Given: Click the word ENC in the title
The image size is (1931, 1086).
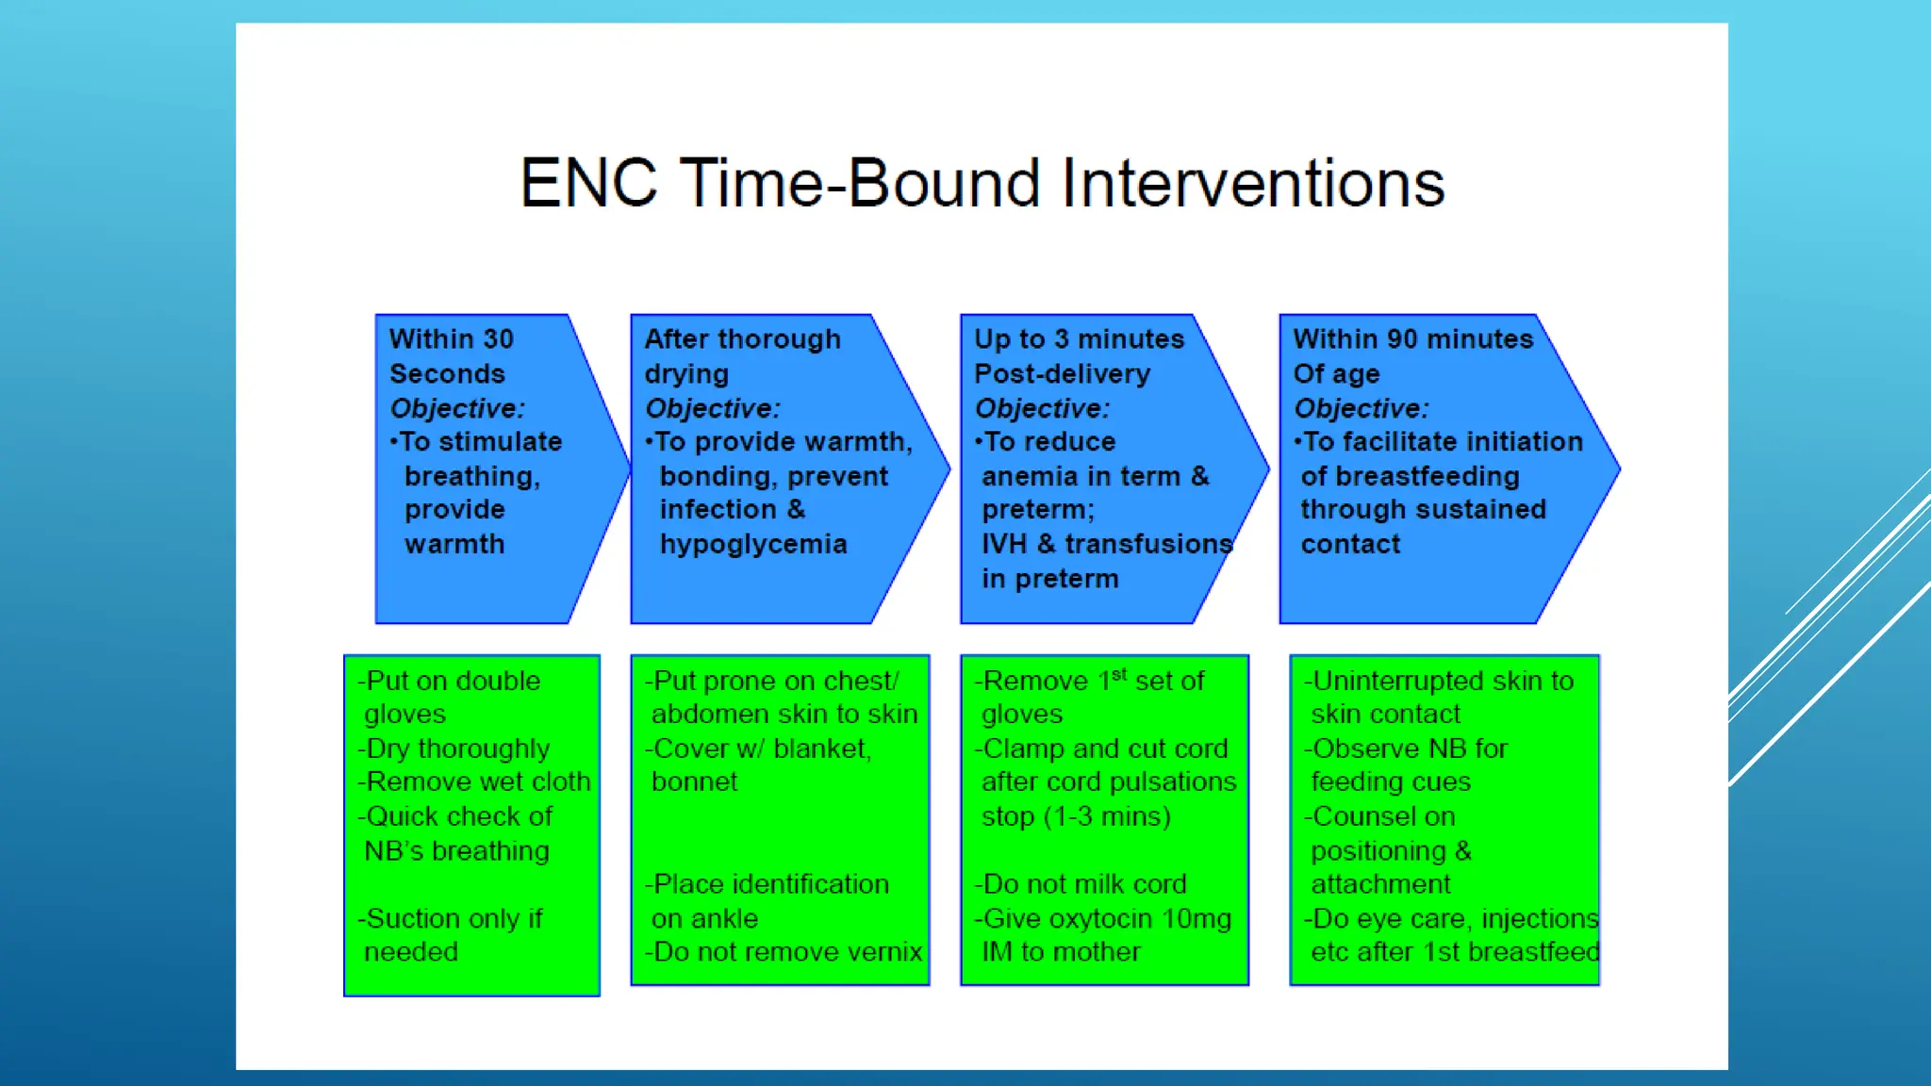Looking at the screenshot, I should (x=588, y=183).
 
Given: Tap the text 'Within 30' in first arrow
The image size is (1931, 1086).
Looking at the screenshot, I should (x=452, y=339).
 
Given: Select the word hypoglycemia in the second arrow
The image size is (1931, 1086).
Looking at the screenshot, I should (x=753, y=545).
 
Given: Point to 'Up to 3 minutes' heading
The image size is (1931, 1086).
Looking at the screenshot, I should (x=1079, y=339).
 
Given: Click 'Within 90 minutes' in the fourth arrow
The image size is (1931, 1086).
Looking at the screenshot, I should (x=1412, y=339).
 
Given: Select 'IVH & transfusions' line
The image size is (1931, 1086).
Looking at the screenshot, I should (x=1107, y=545).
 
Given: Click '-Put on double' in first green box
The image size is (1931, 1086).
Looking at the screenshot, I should (x=450, y=681).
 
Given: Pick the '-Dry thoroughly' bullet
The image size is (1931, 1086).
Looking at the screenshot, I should (x=454, y=749).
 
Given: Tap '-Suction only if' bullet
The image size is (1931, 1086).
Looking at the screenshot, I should (x=450, y=918).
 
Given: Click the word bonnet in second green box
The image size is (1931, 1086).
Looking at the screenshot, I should (x=694, y=782).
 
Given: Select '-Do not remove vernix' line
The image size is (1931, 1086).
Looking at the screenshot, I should (x=784, y=952).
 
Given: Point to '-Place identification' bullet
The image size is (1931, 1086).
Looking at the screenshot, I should (x=767, y=884).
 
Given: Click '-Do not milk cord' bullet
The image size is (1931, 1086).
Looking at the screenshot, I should (x=1081, y=884).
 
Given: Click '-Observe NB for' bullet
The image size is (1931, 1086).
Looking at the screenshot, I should (x=1406, y=749).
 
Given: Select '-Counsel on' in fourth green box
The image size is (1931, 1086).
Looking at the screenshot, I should (x=1379, y=816).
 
